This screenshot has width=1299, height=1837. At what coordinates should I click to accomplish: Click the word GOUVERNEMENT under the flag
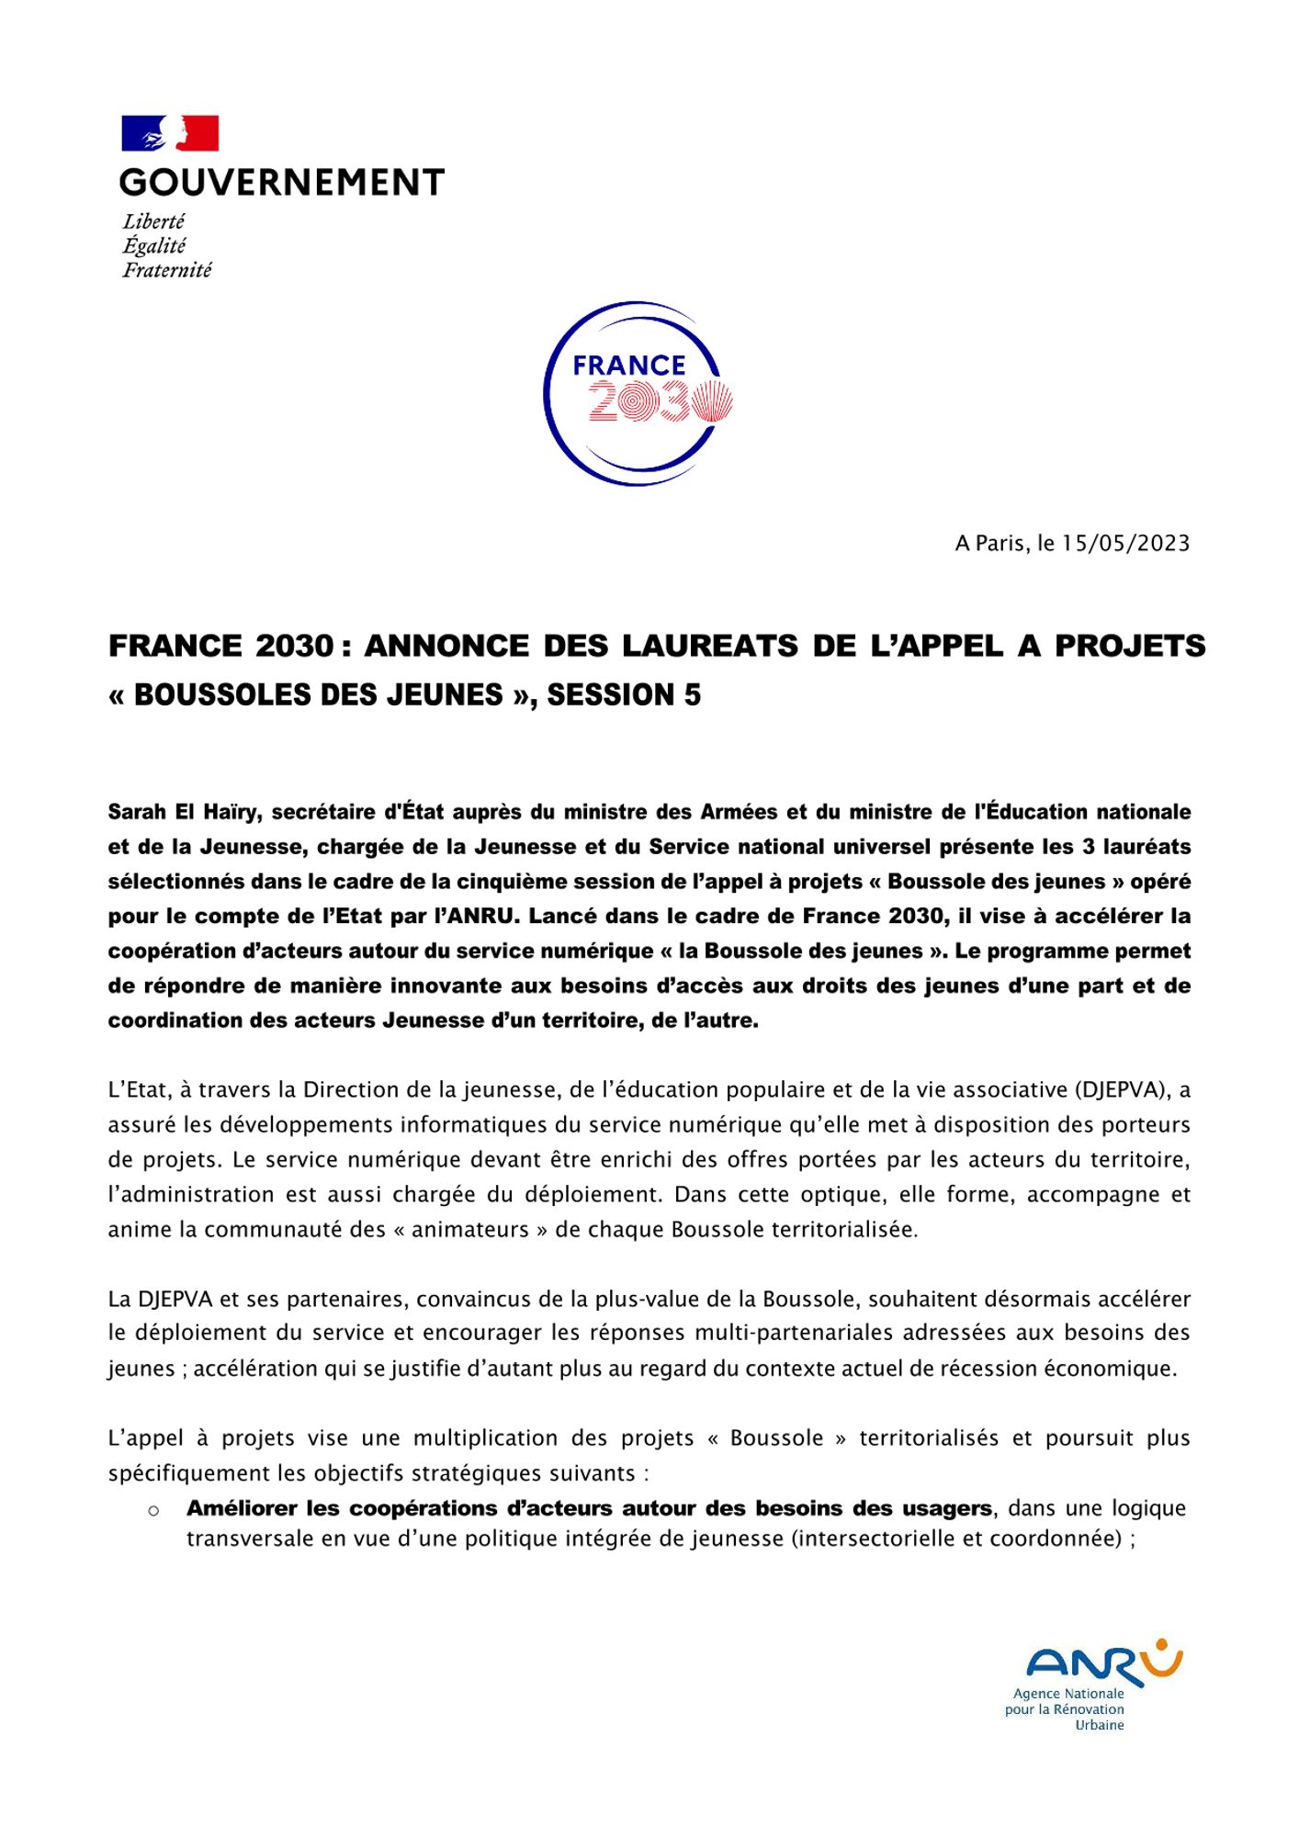coord(282,183)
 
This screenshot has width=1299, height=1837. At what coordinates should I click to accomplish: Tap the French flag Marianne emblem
coord(170,133)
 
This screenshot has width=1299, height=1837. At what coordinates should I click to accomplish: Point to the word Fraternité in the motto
coord(167,270)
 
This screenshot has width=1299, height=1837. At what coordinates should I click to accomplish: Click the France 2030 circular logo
coord(638,393)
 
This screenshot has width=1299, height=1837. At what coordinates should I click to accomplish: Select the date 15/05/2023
coord(1125,543)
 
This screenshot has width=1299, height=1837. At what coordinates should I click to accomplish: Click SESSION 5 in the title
coord(624,695)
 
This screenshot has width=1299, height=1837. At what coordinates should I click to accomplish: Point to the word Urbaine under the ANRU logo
coord(1099,1725)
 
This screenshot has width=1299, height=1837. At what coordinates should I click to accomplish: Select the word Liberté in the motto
coord(154,221)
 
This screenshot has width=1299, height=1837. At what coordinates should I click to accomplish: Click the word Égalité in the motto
coord(154,245)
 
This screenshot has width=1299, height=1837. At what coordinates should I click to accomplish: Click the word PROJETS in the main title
coord(1130,646)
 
